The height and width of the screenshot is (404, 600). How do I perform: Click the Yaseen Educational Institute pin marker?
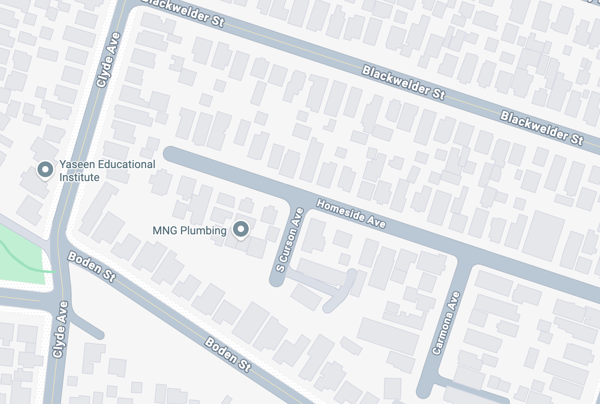coord(45,170)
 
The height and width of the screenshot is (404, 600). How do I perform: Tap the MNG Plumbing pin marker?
coord(240,229)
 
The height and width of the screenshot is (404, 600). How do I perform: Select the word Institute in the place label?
coord(79,178)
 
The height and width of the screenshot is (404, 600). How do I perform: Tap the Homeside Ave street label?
coord(351,213)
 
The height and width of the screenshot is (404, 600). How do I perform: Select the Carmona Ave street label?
coord(446,323)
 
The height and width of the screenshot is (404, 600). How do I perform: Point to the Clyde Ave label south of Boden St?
coord(61,329)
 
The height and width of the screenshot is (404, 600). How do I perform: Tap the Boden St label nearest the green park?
coord(92,267)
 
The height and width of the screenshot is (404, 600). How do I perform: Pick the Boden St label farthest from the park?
coord(228,354)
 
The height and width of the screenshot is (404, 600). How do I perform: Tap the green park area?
coord(22,256)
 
